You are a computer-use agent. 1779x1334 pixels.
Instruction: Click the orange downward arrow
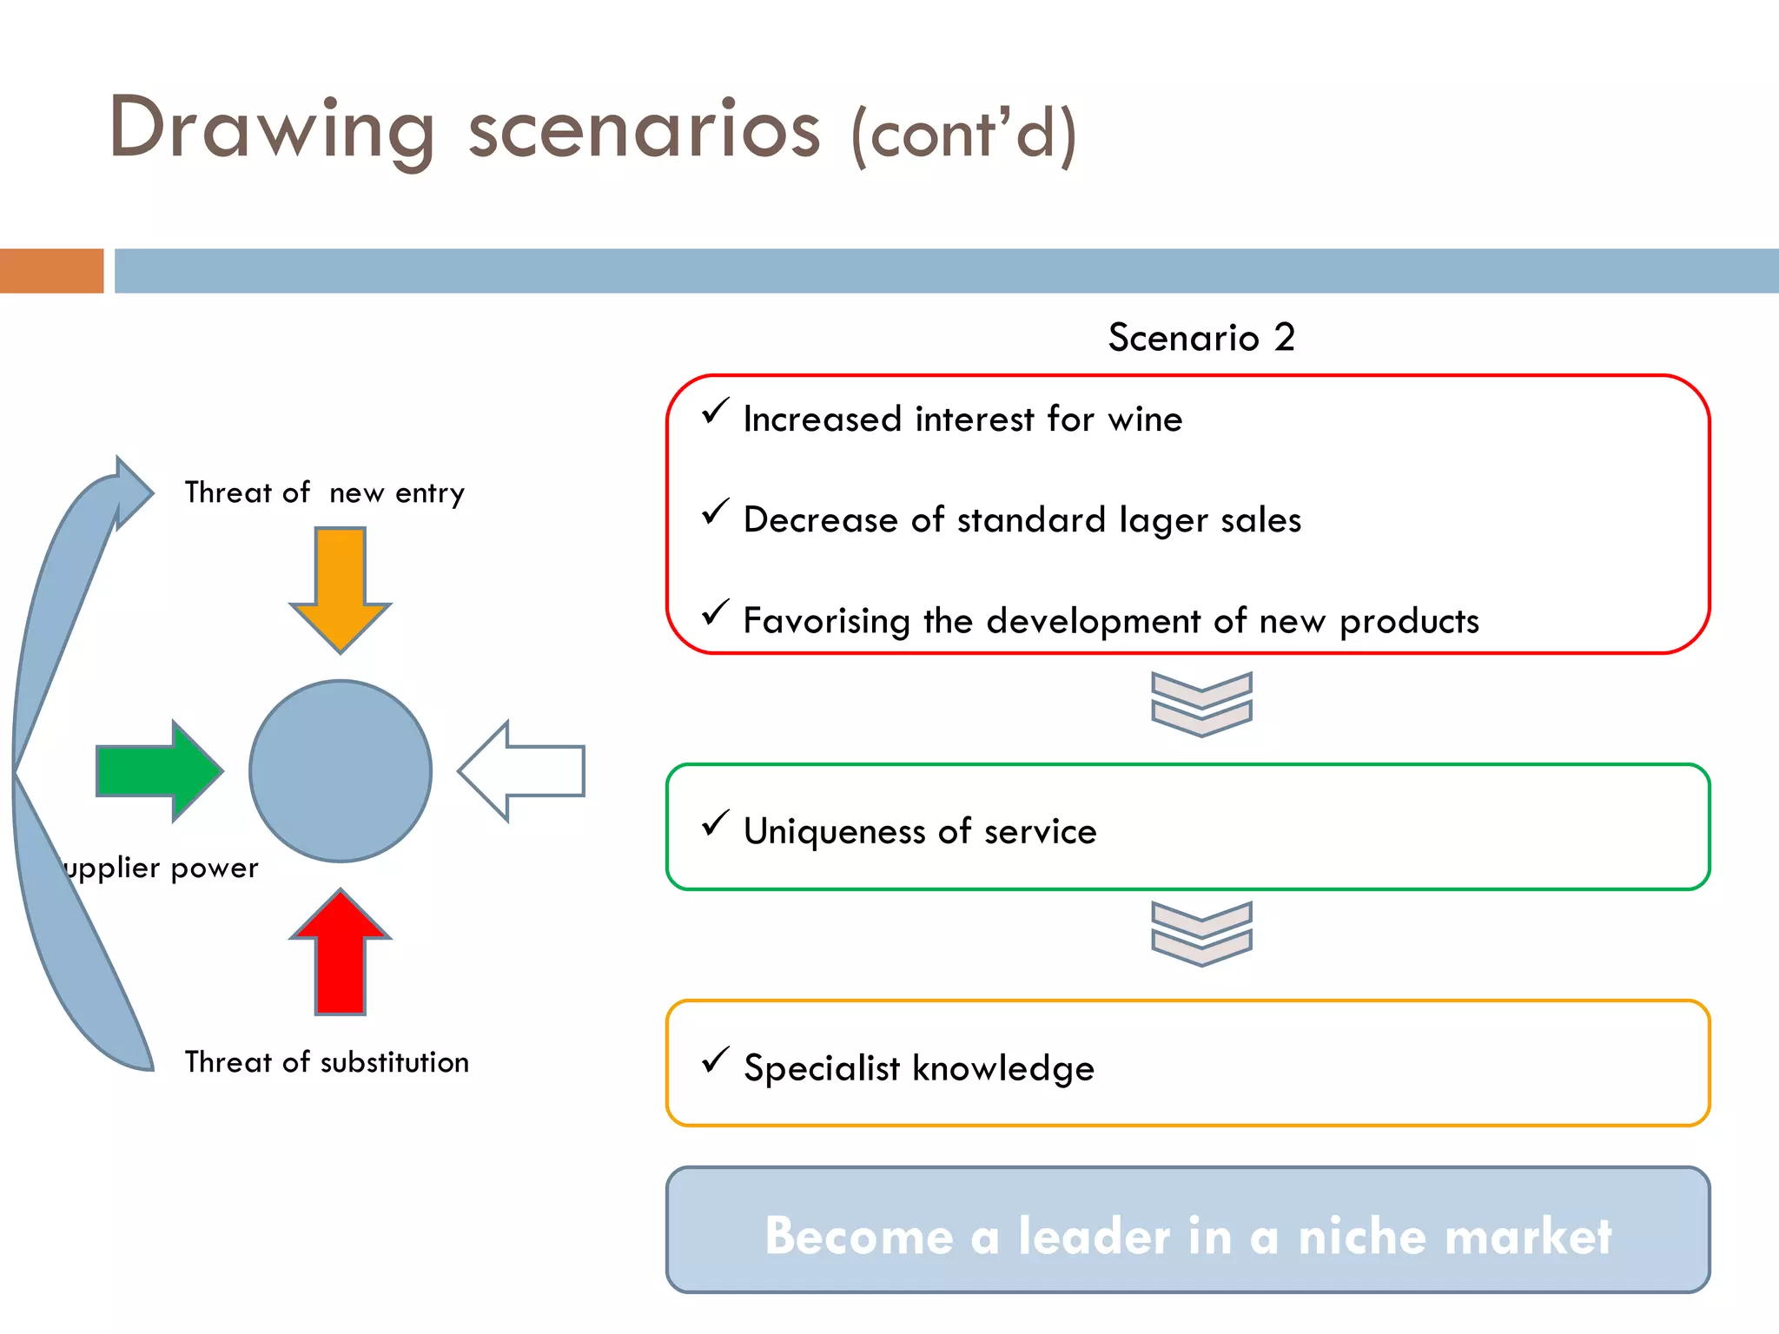tap(341, 586)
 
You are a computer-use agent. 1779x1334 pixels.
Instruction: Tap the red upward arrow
tap(341, 955)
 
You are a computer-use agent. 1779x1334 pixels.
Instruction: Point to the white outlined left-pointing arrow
tap(521, 770)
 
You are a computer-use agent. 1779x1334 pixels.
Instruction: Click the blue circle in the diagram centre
tap(341, 770)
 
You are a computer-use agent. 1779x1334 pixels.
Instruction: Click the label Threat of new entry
tap(325, 493)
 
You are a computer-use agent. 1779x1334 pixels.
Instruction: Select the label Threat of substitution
tap(327, 1062)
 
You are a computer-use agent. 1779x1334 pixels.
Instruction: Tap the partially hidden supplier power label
tap(162, 868)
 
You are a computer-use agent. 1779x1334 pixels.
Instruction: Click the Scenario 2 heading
tap(1201, 337)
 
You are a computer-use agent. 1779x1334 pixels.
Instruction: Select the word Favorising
tap(826, 622)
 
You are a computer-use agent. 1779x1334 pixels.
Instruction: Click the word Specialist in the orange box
tap(822, 1068)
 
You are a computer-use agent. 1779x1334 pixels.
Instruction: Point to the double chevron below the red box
tap(1201, 704)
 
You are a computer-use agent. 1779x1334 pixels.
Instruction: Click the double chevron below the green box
tap(1201, 934)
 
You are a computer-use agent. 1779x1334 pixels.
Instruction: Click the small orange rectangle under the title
tap(51, 271)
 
